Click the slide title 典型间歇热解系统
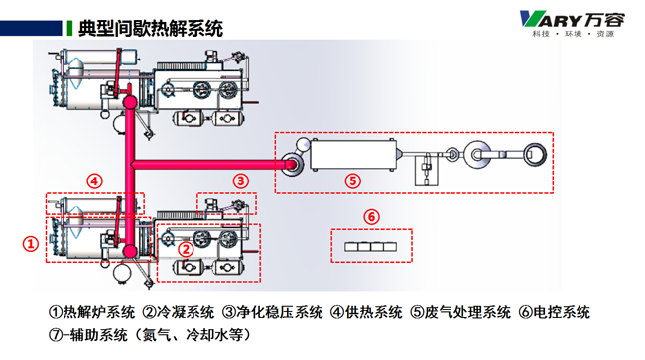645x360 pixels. click(151, 29)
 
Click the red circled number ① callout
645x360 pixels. click(31, 244)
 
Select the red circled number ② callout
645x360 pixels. click(186, 249)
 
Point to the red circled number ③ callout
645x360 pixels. click(241, 180)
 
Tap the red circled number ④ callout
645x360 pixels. click(94, 180)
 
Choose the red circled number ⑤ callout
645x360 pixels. click(352, 180)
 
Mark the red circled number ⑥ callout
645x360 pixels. click(371, 216)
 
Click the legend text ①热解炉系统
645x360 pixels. click(91, 312)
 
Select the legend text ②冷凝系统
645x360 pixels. click(179, 312)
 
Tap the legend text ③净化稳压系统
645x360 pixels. click(272, 312)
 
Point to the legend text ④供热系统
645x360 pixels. click(366, 312)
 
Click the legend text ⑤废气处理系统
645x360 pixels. click(460, 312)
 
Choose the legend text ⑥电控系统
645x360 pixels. click(554, 312)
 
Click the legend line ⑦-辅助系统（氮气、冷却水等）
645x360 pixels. click(150, 335)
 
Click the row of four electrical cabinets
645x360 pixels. click(371, 247)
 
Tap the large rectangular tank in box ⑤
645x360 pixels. click(353, 155)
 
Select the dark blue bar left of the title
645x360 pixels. click(31, 28)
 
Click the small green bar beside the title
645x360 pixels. click(69, 28)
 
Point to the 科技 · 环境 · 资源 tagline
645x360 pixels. click(573, 34)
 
